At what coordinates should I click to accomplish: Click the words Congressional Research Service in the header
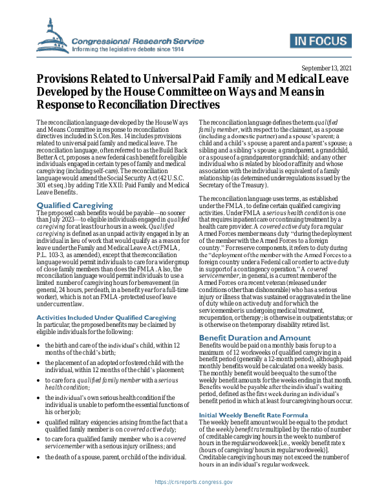(133, 40)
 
